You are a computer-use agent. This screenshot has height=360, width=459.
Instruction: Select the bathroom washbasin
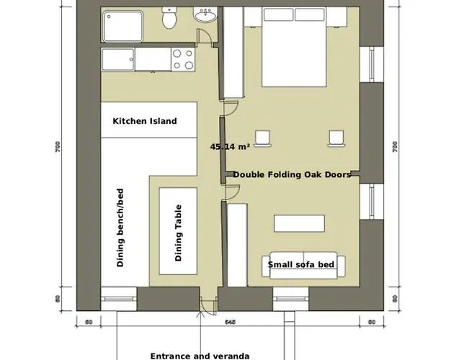(x=205, y=16)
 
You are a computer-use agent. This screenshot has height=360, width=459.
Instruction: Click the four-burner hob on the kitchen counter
(x=182, y=59)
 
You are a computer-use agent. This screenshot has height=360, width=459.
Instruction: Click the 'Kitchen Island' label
(x=145, y=122)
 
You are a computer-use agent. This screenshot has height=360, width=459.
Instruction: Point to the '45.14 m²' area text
(x=230, y=146)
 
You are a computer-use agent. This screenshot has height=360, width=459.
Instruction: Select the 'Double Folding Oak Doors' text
(x=292, y=174)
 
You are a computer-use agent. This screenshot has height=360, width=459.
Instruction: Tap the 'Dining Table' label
(x=178, y=232)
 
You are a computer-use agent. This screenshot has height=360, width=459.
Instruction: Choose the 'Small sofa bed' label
(x=301, y=265)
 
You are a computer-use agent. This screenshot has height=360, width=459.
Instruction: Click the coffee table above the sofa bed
(x=299, y=223)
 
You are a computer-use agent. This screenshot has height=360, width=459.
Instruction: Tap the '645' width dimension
(x=230, y=321)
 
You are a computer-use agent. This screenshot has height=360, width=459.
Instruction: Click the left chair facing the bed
(x=263, y=137)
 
